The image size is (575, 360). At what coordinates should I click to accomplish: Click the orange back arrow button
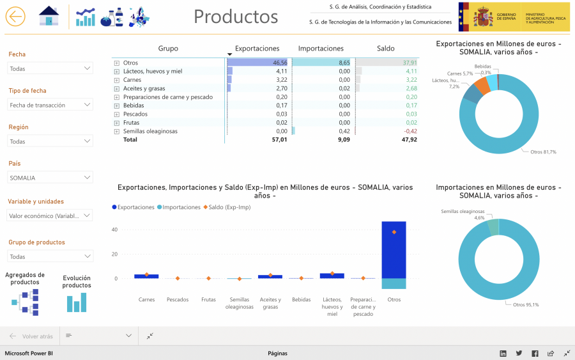point(15,17)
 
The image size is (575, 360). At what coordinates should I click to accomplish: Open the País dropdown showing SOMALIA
point(50,178)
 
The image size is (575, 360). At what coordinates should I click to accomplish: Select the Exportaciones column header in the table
point(257,49)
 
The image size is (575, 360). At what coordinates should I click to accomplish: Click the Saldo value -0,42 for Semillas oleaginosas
point(410,131)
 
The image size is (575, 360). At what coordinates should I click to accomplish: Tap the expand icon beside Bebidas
point(116,106)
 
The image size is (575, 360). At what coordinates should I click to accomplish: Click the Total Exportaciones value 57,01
point(279,139)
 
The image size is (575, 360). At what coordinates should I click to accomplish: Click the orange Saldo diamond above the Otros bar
point(394,232)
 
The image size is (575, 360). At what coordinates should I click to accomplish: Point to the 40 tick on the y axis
point(115,230)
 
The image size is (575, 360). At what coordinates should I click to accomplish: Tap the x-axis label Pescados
point(178,299)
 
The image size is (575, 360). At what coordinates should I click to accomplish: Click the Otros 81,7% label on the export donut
point(543,152)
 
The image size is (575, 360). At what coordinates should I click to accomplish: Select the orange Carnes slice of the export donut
point(482,86)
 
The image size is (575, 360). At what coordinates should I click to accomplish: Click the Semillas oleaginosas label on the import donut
point(463,211)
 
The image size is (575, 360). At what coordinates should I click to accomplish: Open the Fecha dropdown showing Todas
point(50,68)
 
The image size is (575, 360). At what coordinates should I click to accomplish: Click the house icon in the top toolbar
point(49,17)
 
